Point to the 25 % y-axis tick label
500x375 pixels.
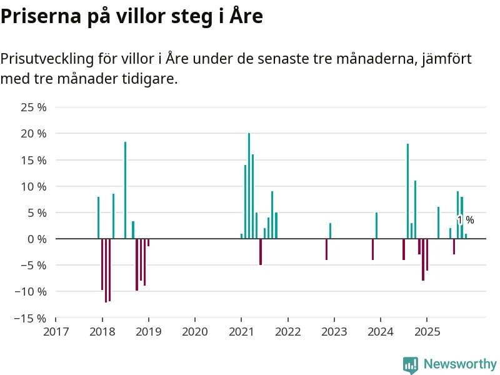click(x=34, y=107)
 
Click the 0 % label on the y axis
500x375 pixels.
click(x=37, y=239)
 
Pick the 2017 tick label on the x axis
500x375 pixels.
click(x=56, y=331)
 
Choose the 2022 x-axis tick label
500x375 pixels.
click(x=287, y=331)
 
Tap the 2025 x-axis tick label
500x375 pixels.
click(x=426, y=331)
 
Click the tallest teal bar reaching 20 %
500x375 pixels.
click(x=249, y=186)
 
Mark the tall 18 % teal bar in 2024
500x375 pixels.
click(x=407, y=191)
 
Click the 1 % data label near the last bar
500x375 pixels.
click(x=466, y=220)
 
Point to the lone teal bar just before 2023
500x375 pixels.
click(x=330, y=231)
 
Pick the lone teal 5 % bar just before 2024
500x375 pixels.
click(x=376, y=226)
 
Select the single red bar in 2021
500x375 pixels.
click(x=261, y=252)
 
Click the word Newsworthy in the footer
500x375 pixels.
click(x=460, y=364)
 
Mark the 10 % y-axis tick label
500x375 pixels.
click(x=34, y=186)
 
